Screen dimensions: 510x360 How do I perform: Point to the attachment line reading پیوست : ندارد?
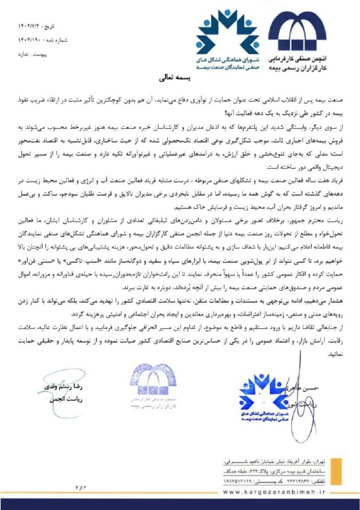pyautogui.click(x=37, y=54)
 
